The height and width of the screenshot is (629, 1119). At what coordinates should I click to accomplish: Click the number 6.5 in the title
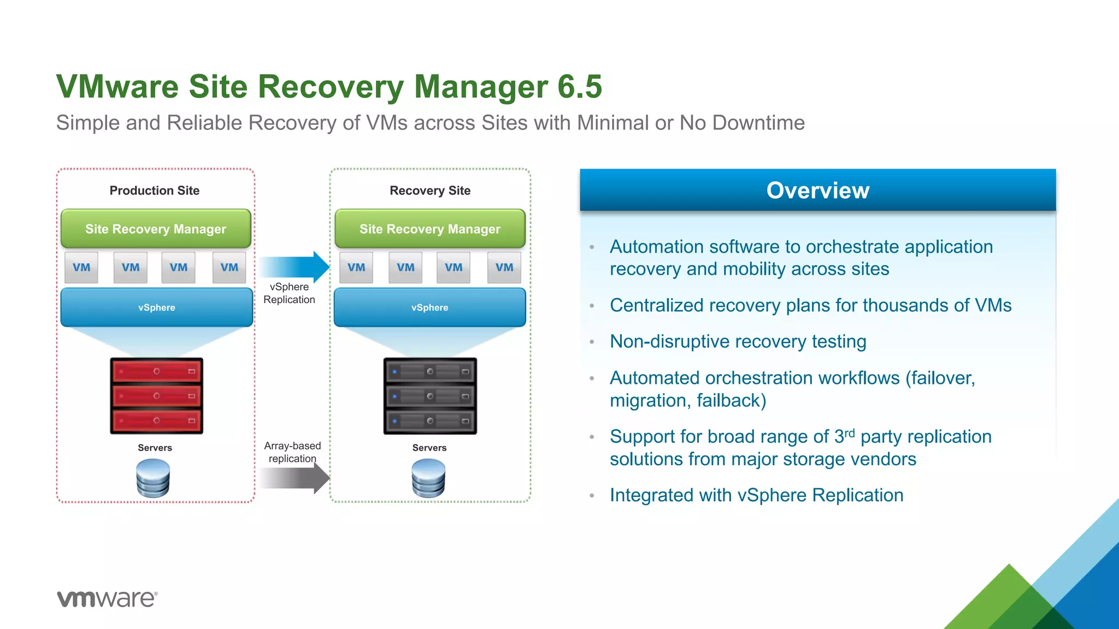coord(580,87)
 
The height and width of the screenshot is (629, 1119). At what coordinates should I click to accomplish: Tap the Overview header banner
coord(817,190)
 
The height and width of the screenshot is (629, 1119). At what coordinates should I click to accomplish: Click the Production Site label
coord(155,191)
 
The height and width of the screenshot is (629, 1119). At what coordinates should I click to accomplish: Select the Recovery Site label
coord(430,191)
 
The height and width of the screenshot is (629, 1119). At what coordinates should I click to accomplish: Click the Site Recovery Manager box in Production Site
coord(156,229)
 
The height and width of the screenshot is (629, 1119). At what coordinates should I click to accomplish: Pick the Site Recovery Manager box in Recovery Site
coord(430,229)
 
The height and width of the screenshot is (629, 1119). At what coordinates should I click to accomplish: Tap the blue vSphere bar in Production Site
coord(157,307)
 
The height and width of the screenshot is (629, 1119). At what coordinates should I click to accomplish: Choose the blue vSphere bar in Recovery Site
coord(430,307)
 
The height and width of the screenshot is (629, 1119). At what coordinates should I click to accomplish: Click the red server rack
coord(156,396)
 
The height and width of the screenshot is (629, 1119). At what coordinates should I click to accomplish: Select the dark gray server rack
coord(430,396)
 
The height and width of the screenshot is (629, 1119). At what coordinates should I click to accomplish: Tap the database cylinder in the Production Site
coord(153,478)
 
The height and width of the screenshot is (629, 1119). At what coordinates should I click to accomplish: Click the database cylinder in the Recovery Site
coord(428,478)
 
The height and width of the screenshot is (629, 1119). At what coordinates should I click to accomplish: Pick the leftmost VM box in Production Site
coord(81,268)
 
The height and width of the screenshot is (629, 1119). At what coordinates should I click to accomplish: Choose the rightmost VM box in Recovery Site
coord(504,268)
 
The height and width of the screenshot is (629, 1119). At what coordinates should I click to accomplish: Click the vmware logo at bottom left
coord(107,598)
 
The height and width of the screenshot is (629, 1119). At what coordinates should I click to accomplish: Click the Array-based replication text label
coord(292,452)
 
